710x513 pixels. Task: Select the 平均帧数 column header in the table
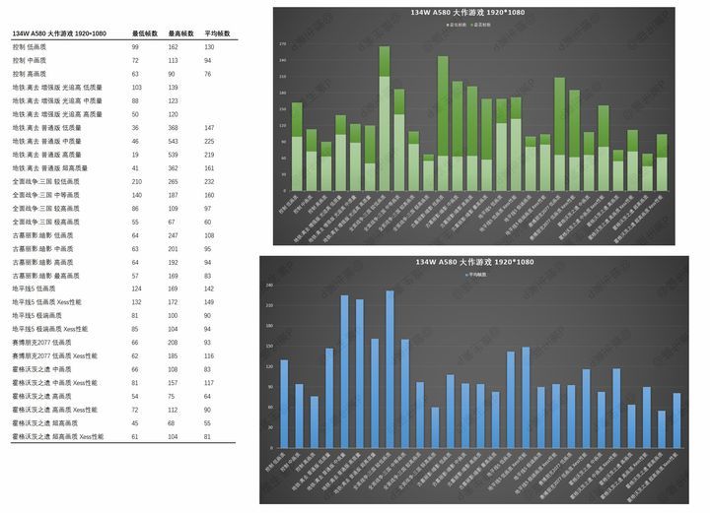click(217, 33)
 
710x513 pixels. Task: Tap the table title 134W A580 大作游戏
click(58, 33)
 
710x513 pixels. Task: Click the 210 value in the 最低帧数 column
click(136, 182)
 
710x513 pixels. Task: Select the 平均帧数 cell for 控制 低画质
click(209, 47)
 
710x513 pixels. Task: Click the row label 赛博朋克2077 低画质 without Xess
click(44, 342)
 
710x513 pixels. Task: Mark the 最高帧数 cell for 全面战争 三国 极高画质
click(174, 223)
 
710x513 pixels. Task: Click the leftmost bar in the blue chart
click(284, 403)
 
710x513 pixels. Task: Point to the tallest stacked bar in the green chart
click(385, 118)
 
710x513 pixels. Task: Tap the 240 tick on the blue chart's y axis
click(268, 286)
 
